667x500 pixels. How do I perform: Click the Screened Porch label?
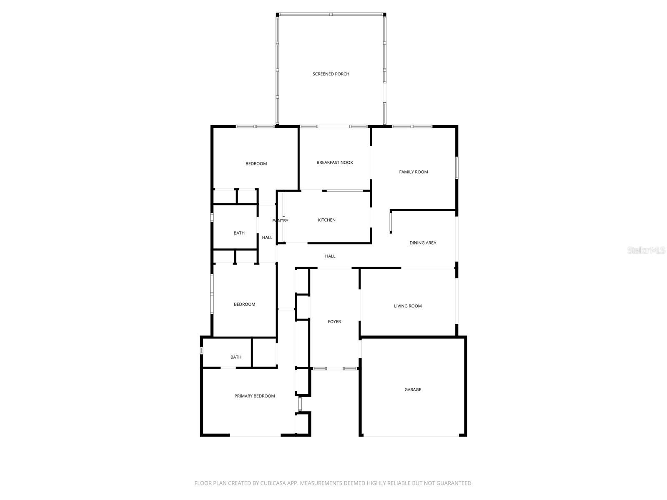331,74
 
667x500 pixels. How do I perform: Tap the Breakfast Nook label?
335,162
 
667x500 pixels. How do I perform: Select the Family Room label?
414,172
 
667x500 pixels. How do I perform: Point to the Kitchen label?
327,220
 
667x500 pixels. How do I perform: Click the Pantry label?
280,221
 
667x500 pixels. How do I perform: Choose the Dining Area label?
423,243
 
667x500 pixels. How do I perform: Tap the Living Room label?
408,306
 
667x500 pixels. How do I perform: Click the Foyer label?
334,322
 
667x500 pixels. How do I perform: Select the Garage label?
413,390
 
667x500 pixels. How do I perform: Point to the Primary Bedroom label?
255,396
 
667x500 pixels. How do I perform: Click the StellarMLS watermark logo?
647,250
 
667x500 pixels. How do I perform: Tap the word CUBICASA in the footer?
273,483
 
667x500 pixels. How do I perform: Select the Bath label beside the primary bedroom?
236,357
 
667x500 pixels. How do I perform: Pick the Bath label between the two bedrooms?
239,233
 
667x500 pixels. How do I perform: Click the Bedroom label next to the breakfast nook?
256,164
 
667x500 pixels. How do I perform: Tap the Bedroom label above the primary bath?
245,305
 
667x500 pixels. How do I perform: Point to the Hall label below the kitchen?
330,256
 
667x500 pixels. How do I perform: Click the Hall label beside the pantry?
267,238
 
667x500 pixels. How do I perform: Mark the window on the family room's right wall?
457,167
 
